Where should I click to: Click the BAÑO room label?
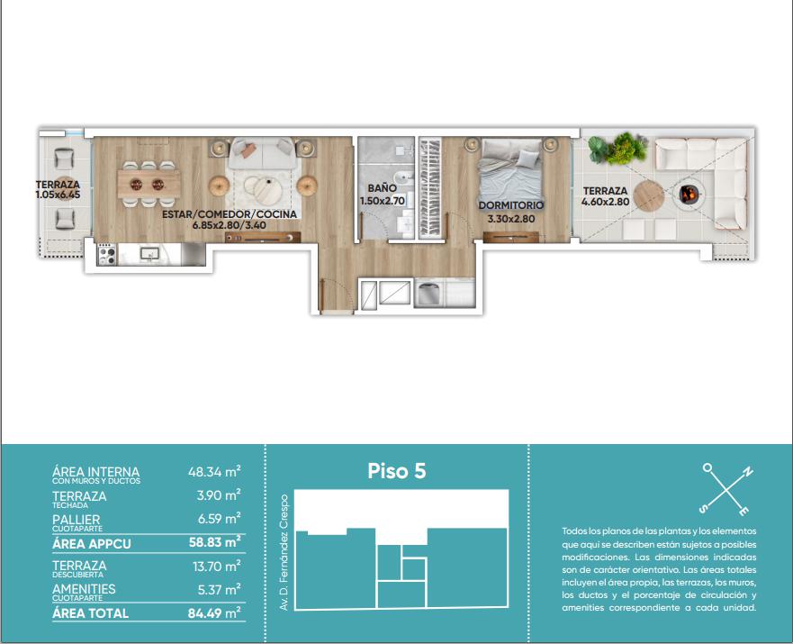pyautogui.click(x=382, y=188)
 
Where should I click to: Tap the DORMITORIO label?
pyautogui.click(x=510, y=205)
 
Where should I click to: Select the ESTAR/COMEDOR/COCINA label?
pyautogui.click(x=230, y=214)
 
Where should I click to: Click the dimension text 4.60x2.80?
pyautogui.click(x=605, y=202)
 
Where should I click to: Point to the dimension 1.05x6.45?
pyautogui.click(x=58, y=195)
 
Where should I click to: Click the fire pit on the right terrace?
pyautogui.click(x=688, y=194)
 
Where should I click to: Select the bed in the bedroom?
pyautogui.click(x=511, y=168)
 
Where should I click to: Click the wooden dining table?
pyautogui.click(x=149, y=184)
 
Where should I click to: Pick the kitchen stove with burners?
pyautogui.click(x=107, y=254)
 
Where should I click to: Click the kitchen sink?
pyautogui.click(x=149, y=253)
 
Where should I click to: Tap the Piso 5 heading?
pyautogui.click(x=396, y=471)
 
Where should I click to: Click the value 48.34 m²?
pyautogui.click(x=214, y=471)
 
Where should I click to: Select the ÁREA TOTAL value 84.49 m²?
pyautogui.click(x=214, y=613)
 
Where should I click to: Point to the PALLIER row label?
pyautogui.click(x=77, y=520)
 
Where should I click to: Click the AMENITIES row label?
pyautogui.click(x=84, y=589)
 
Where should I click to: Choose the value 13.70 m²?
pyautogui.click(x=216, y=567)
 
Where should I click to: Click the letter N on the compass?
pyautogui.click(x=747, y=473)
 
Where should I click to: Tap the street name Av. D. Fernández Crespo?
pyautogui.click(x=284, y=552)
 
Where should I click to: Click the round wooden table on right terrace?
pyautogui.click(x=648, y=195)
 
